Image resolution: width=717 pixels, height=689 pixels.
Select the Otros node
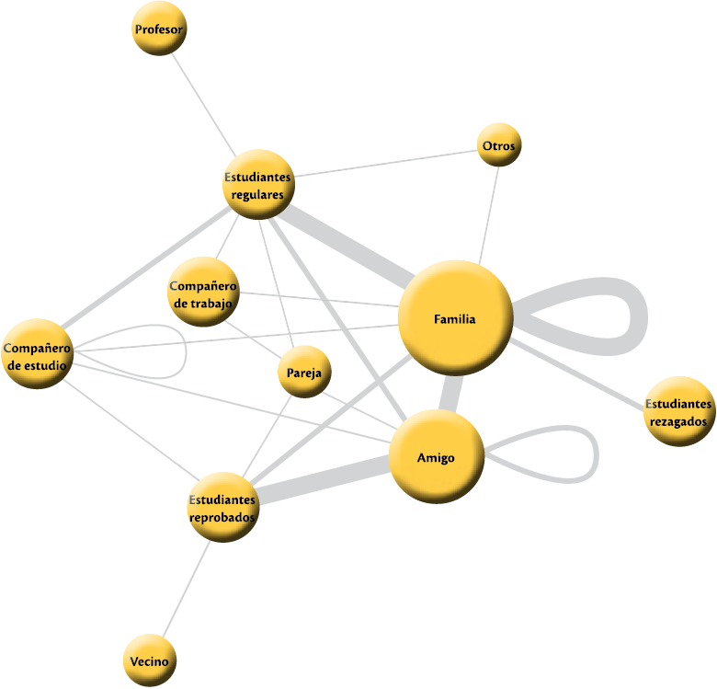click(x=499, y=145)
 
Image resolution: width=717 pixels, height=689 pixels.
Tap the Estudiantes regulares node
click(x=259, y=184)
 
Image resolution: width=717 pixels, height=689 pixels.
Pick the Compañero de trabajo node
click(x=204, y=292)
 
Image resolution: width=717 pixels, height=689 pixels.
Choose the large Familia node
click(x=455, y=317)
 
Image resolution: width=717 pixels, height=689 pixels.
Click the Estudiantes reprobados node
click(x=222, y=507)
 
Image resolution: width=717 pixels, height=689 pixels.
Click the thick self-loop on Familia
click(x=637, y=317)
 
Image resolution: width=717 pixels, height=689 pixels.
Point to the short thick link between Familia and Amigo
click(x=449, y=394)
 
